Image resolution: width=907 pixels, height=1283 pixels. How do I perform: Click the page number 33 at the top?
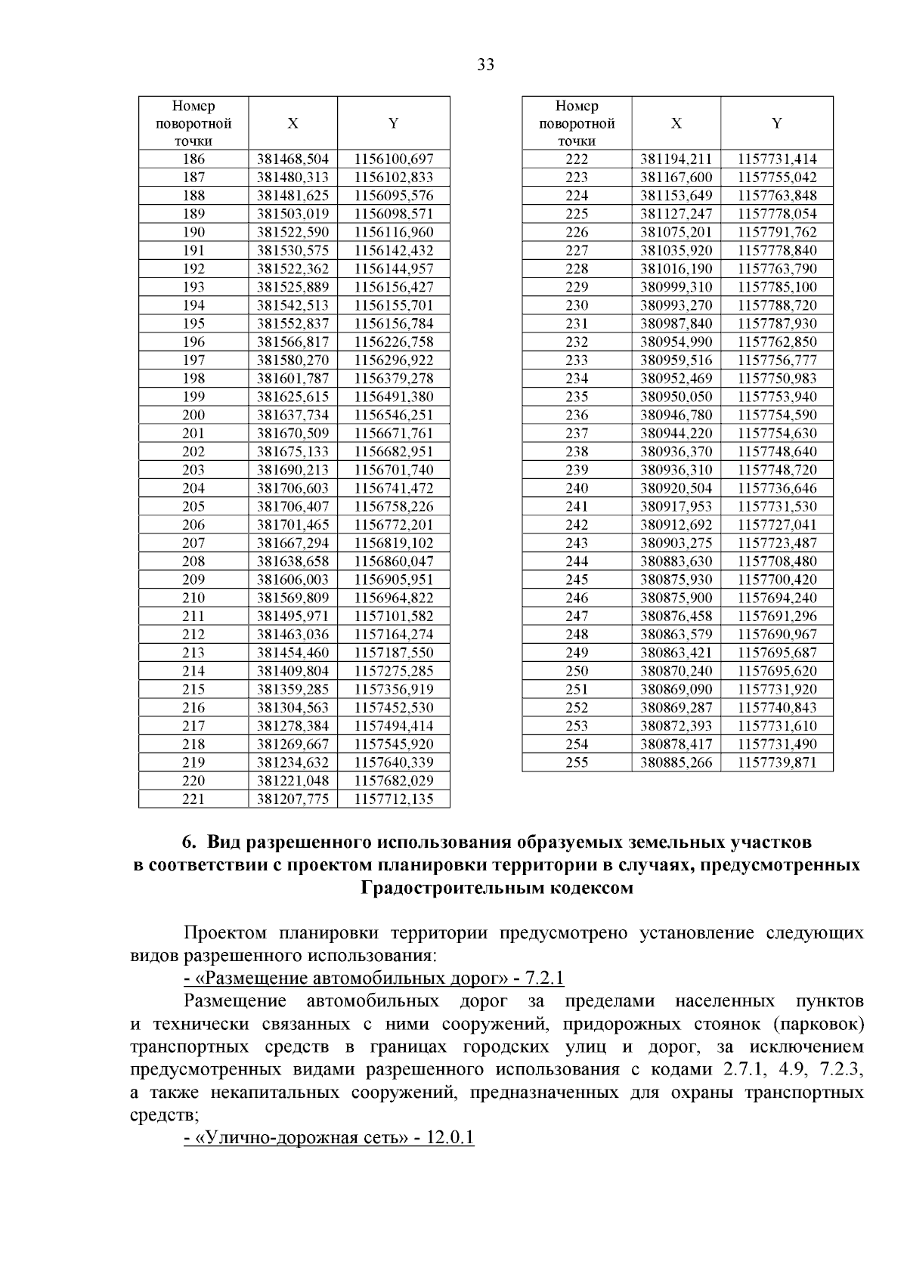point(486,65)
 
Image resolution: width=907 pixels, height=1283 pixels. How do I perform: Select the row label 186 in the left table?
point(193,159)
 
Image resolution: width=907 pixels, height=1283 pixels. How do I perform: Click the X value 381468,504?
point(293,159)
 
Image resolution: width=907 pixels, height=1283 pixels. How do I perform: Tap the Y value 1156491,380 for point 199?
point(394,397)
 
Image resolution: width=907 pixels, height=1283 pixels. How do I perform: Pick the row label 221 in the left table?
point(193,799)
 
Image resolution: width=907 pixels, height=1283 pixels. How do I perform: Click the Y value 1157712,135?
point(394,799)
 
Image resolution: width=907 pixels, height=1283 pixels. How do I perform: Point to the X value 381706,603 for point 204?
point(293,488)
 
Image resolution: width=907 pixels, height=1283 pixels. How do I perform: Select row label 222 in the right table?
point(577,159)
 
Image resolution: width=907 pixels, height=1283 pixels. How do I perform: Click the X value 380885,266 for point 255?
point(676,762)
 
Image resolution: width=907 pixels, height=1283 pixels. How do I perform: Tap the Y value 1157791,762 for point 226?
point(777,233)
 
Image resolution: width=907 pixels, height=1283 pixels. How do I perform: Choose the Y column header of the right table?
point(777,123)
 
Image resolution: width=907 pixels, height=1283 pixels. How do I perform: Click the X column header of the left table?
point(293,123)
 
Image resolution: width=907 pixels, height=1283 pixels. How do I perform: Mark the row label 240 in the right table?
point(577,488)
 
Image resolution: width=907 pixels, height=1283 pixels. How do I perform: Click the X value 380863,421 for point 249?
point(676,653)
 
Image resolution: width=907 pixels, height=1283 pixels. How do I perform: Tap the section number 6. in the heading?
point(190,842)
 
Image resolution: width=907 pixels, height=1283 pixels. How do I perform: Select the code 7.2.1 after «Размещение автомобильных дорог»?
point(544,978)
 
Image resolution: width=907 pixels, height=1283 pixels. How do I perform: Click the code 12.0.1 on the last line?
point(450,1137)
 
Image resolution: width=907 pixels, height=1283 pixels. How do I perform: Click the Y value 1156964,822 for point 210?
point(394,598)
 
